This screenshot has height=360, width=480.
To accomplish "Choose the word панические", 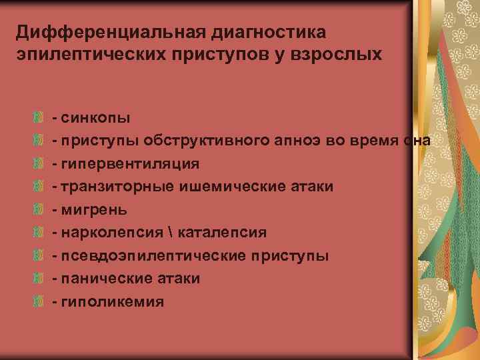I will [105, 279].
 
